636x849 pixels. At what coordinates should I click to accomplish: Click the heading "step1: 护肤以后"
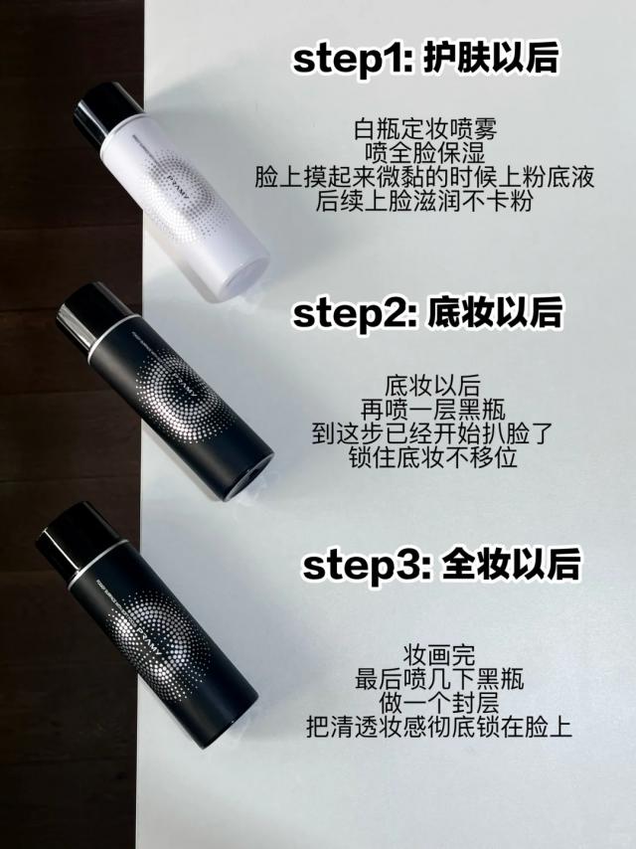(425, 59)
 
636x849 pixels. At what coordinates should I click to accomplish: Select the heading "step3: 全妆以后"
(441, 565)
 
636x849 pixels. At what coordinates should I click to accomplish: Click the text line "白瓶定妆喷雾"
(425, 129)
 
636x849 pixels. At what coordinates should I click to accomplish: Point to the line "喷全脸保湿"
(425, 153)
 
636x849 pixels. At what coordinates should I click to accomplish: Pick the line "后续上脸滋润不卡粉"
(425, 201)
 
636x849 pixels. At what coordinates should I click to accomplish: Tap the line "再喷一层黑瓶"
(433, 410)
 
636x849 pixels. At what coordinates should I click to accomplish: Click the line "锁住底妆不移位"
(433, 457)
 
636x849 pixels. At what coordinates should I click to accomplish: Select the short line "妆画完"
(439, 655)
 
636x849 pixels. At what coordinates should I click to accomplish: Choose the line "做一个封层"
(439, 703)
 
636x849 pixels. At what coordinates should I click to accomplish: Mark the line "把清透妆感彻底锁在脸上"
(439, 727)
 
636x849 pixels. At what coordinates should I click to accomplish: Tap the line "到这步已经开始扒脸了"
(433, 433)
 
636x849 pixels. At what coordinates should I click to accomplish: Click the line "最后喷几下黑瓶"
(439, 679)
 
